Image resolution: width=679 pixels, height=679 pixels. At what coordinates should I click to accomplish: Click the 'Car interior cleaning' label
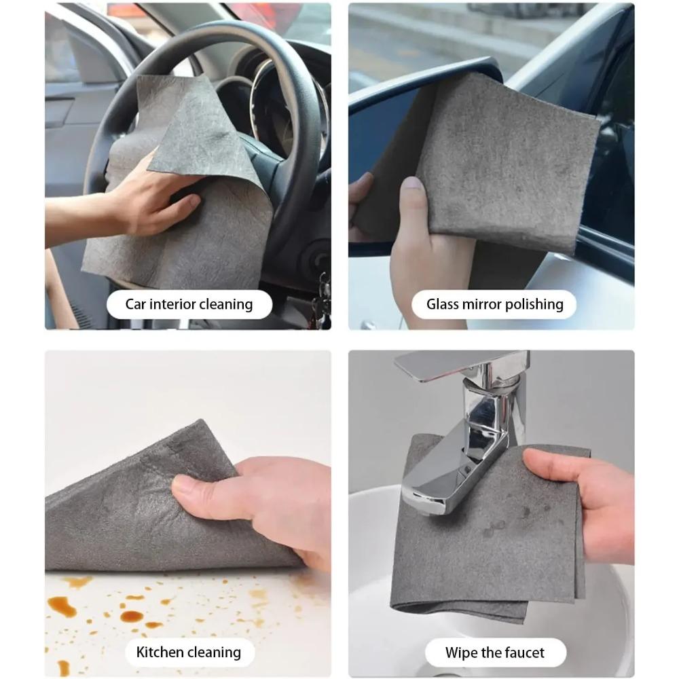[189, 304]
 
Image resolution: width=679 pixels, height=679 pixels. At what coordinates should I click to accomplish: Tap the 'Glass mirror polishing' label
[494, 304]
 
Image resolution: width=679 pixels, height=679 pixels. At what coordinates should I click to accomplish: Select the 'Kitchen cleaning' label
[188, 653]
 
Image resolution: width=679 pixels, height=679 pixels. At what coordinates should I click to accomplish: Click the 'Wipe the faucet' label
[494, 653]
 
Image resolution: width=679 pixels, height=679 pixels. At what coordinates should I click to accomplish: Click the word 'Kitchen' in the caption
[161, 653]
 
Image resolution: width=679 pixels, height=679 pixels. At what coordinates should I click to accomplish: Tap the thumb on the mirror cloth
[411, 204]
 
